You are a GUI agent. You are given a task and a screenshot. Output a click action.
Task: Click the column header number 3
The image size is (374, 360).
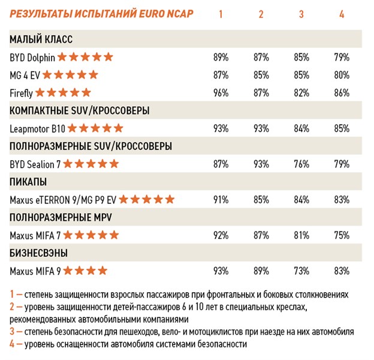(x=301, y=14)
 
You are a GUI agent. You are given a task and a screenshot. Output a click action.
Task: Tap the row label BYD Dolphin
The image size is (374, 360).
(x=32, y=58)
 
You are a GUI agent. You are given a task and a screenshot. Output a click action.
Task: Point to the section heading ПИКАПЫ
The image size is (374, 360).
(x=29, y=181)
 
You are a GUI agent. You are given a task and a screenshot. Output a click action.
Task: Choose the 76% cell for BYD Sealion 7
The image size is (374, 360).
(x=301, y=164)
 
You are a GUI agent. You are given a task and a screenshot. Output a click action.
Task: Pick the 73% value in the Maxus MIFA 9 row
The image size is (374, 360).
(x=301, y=271)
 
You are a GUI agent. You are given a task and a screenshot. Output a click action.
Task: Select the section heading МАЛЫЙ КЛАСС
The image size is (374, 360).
(x=41, y=40)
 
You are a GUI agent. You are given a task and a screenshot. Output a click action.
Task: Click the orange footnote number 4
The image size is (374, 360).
(x=13, y=344)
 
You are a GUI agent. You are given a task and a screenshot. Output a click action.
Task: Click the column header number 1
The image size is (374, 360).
(x=221, y=14)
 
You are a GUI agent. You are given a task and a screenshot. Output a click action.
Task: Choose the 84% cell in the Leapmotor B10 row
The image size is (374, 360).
(x=301, y=128)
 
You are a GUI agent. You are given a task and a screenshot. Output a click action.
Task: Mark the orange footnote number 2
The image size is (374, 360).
(x=13, y=308)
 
